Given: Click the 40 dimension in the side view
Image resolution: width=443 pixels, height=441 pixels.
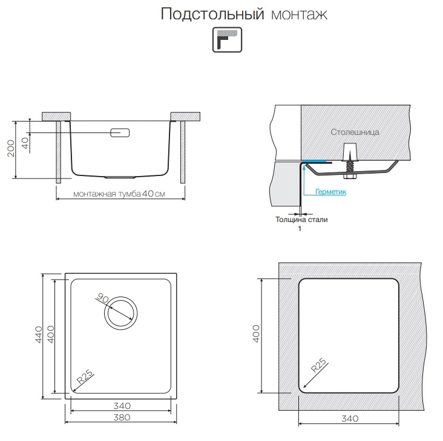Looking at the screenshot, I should tap(25, 143).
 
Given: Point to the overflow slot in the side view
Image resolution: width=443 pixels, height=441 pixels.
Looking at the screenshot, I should tap(120, 132).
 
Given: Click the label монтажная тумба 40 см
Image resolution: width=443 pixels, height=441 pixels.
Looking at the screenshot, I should tap(119, 194).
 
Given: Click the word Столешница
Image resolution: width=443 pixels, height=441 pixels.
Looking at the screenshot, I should tap(355, 131).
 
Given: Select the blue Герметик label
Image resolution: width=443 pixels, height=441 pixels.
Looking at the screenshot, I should tap(330, 192).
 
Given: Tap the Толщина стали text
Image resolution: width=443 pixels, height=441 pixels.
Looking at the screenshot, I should tap(301, 220).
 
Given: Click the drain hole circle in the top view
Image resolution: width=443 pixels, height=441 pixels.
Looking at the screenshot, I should tap(120, 313).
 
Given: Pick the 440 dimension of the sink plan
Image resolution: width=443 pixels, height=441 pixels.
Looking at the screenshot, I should tap(39, 335).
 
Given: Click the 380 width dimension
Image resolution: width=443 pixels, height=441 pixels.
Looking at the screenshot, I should tap(122, 417).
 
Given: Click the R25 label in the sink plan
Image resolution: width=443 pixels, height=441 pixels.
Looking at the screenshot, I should tap(84, 378).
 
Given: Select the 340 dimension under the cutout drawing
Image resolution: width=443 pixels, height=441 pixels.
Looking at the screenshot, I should tap(349, 418).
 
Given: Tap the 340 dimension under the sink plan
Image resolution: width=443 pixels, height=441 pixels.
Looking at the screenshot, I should tap(122, 405).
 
